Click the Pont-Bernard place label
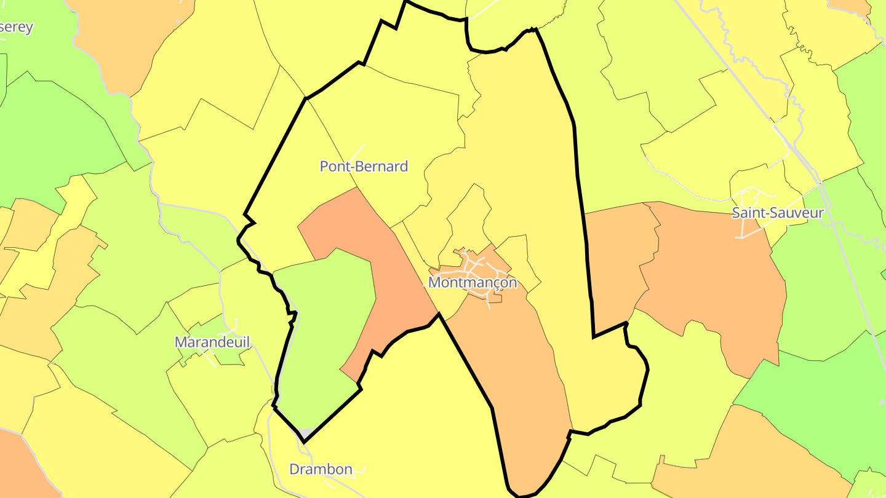click(364, 166)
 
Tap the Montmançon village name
click(472, 282)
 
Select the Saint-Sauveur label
click(777, 213)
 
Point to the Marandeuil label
click(213, 342)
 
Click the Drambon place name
click(321, 470)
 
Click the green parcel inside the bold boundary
click(326, 320)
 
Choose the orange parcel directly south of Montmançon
click(517, 369)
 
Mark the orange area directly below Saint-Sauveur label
click(714, 277)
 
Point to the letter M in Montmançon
click(434, 282)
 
